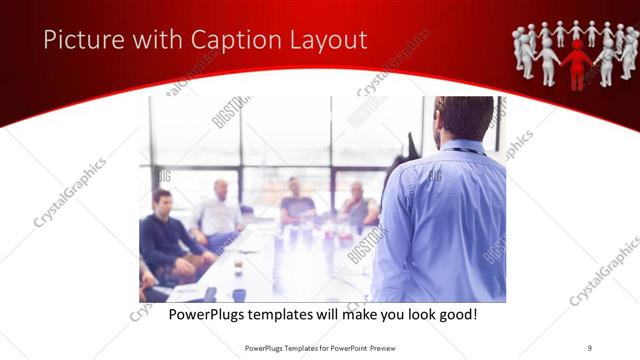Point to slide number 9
click(589, 347)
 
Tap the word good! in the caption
click(455, 314)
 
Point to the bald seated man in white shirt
click(220, 210)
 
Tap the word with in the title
click(146, 40)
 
